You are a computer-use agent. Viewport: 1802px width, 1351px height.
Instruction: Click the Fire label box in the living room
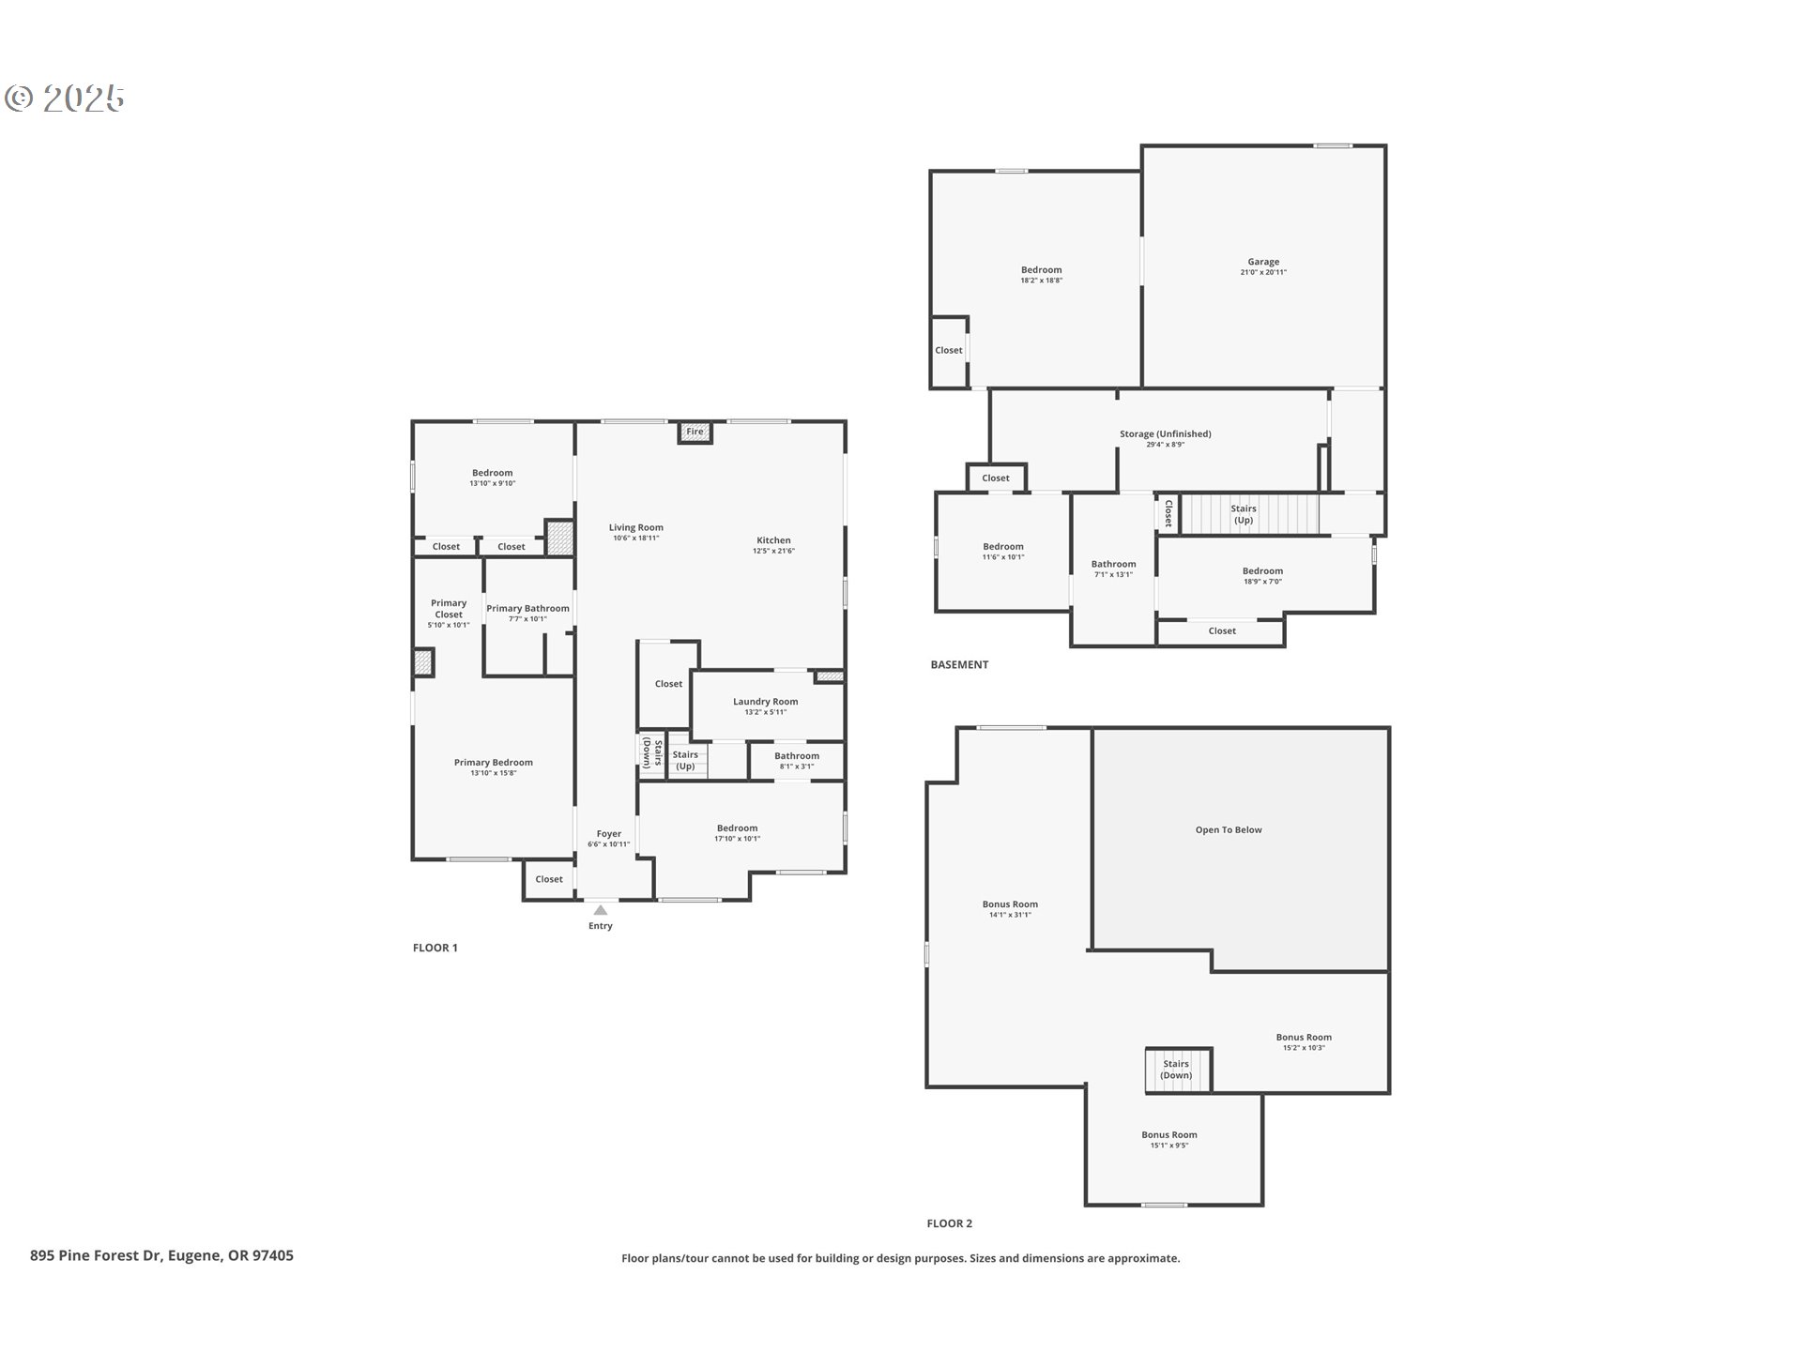point(695,433)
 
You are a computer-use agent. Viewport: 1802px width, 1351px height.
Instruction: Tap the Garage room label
point(1263,262)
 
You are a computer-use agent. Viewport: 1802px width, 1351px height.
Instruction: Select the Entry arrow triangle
point(601,910)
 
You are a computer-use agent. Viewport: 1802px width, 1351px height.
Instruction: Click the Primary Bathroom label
point(527,608)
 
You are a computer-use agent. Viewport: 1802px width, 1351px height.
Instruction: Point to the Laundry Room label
point(766,701)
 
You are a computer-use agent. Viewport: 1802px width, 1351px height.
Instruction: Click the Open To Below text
point(1229,829)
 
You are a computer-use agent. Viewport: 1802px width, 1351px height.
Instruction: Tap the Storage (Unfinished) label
point(1166,433)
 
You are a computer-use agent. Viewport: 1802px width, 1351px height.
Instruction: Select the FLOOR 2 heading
point(950,1223)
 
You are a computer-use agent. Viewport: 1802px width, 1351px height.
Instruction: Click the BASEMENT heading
point(959,664)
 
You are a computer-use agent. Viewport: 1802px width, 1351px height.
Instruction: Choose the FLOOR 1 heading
point(435,948)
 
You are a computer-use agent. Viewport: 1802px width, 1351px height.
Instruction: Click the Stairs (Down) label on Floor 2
point(1176,1070)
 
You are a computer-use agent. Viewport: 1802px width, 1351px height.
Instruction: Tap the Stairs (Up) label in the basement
point(1244,514)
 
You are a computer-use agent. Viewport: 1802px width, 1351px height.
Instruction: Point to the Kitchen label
point(774,540)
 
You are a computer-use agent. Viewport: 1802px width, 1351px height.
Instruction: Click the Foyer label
point(609,833)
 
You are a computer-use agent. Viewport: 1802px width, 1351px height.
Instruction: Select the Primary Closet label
point(449,609)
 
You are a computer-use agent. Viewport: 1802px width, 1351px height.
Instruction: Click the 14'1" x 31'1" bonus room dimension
point(1010,915)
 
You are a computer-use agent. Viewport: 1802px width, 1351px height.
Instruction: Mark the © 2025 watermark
point(65,98)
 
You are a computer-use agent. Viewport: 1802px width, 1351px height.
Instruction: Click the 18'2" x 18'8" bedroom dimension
point(1042,281)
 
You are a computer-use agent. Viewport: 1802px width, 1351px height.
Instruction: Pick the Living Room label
point(636,527)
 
